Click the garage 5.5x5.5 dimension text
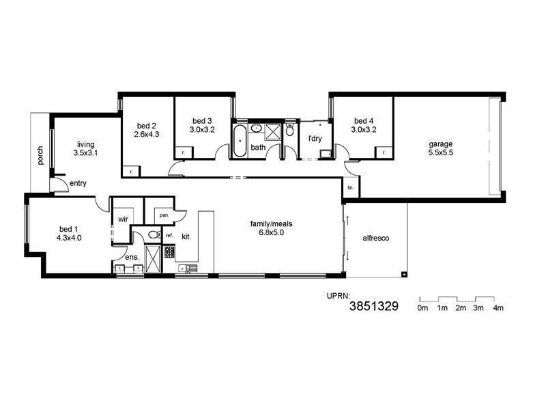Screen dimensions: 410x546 point(440,153)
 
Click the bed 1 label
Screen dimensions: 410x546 point(69,229)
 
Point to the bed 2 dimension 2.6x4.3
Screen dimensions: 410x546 point(147,134)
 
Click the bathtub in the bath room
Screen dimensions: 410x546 point(240,141)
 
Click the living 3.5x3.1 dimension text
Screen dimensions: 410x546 point(86,153)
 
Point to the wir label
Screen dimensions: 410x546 point(124,219)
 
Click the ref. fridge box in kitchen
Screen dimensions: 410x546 point(169,236)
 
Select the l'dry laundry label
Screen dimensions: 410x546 point(315,139)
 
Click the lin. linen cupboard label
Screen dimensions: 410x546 point(350,187)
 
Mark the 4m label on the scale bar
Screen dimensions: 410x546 point(498,308)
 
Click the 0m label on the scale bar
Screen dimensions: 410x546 point(422,308)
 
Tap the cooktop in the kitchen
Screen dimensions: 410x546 point(169,252)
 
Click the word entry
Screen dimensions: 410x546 point(78,182)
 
